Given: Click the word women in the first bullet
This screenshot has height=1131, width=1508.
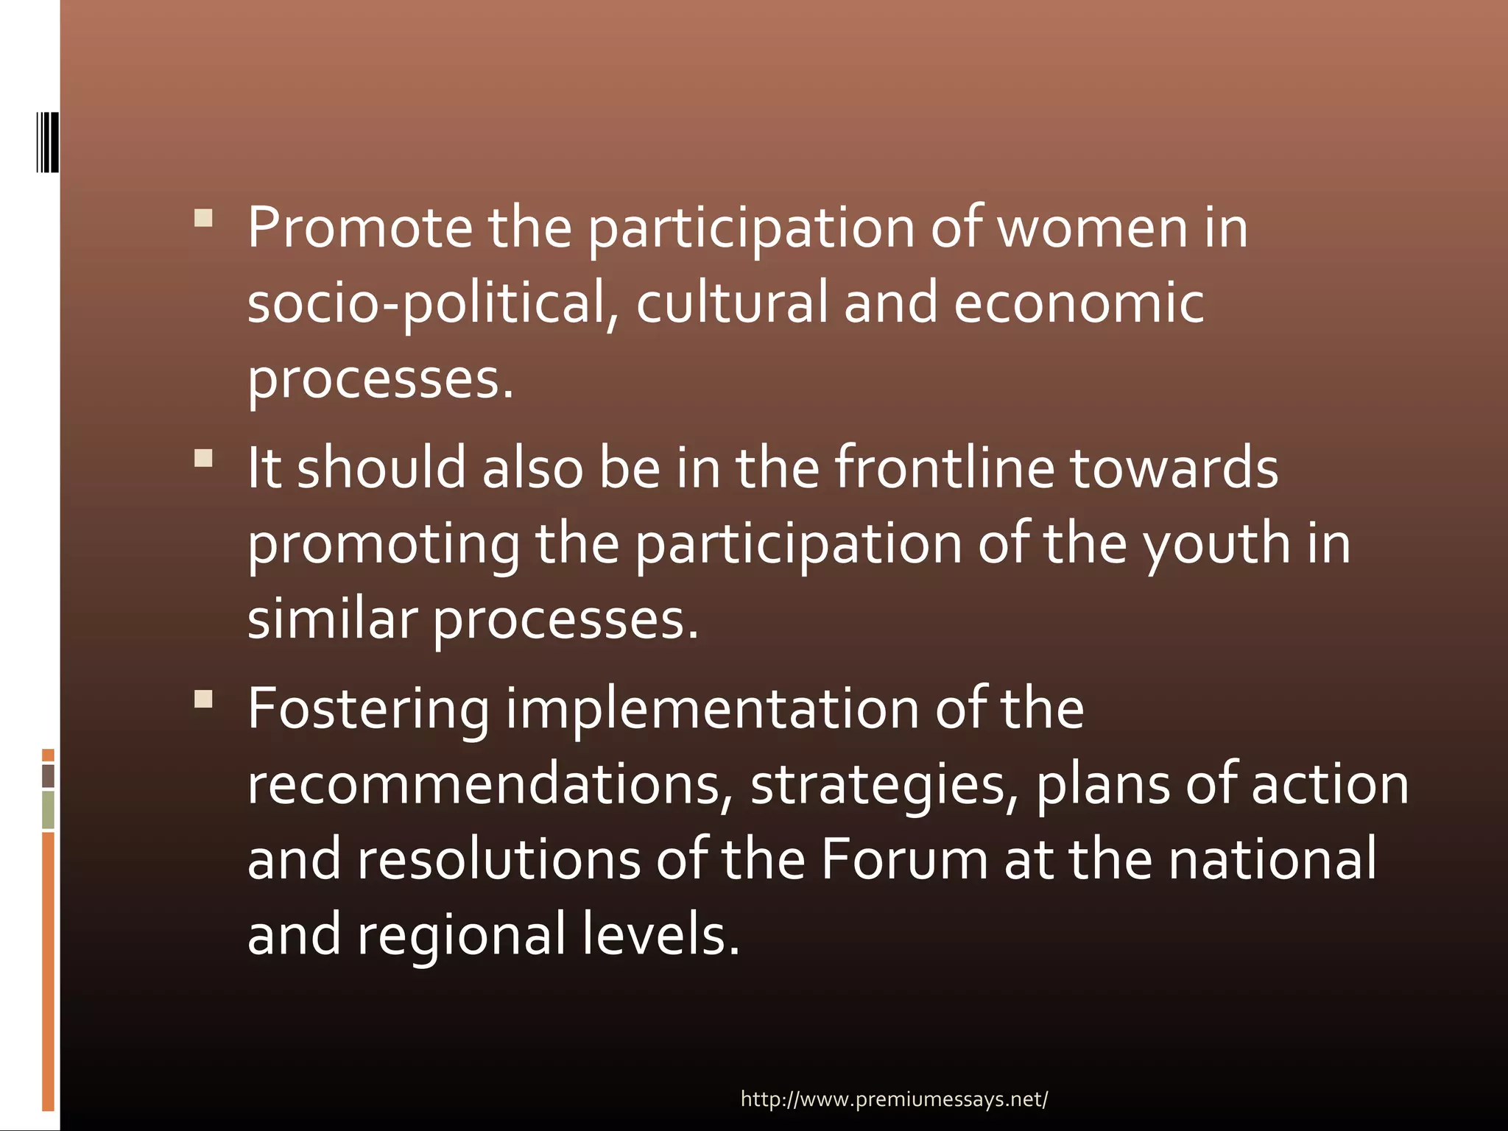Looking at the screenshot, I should (x=1092, y=228).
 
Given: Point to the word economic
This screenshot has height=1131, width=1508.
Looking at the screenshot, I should (x=1079, y=303).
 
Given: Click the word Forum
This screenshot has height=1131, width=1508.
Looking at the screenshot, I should (x=903, y=859).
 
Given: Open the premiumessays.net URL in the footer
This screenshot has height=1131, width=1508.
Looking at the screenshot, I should (x=894, y=1099).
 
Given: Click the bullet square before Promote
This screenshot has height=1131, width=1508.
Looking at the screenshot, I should (x=203, y=218).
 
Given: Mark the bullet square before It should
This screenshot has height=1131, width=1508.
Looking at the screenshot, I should (x=203, y=459).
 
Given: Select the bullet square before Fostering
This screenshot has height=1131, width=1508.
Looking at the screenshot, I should (x=203, y=699).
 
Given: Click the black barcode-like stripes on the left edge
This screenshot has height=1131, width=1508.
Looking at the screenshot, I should (x=48, y=142).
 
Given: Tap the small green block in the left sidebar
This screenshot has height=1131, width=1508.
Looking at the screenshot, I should (x=48, y=809).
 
